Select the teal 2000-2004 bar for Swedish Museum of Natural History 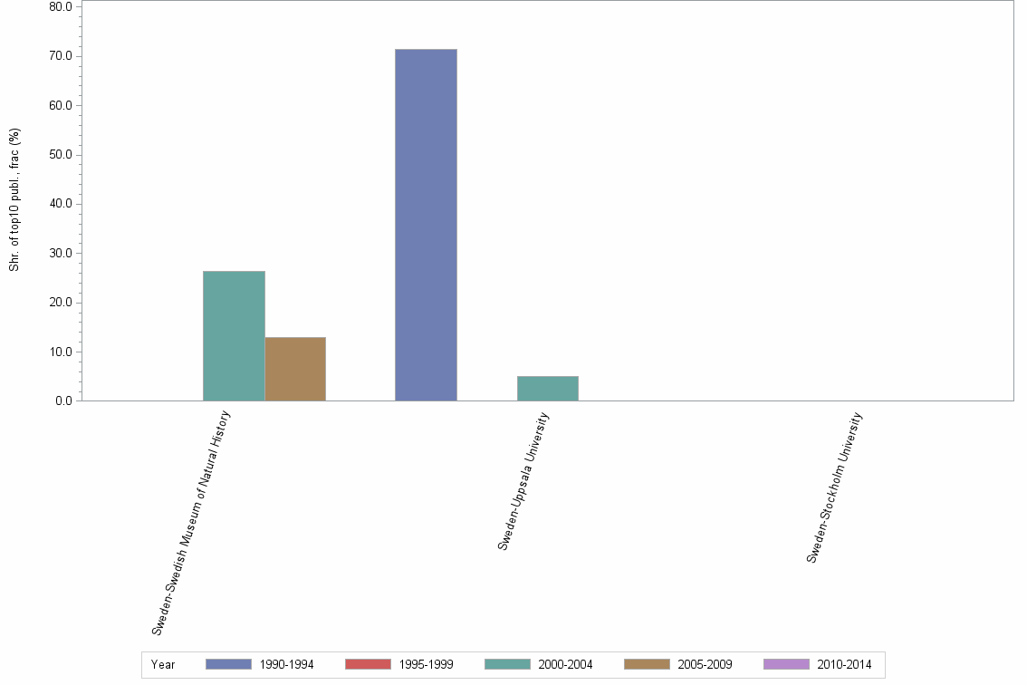pyautogui.click(x=234, y=335)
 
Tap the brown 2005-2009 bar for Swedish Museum pyautogui.click(x=295, y=369)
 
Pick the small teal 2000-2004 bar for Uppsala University pyautogui.click(x=547, y=388)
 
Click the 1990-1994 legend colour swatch pyautogui.click(x=228, y=664)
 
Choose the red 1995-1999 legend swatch pyautogui.click(x=368, y=664)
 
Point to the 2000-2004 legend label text pyautogui.click(x=565, y=665)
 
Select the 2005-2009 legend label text pyautogui.click(x=705, y=665)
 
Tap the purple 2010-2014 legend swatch pyautogui.click(x=786, y=664)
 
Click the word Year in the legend pyautogui.click(x=163, y=665)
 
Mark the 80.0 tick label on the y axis pyautogui.click(x=61, y=7)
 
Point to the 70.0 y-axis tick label pyautogui.click(x=61, y=56)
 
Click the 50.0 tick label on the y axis pyautogui.click(x=61, y=155)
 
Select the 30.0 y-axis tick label pyautogui.click(x=61, y=254)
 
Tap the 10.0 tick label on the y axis pyautogui.click(x=61, y=352)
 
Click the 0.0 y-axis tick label pyautogui.click(x=63, y=400)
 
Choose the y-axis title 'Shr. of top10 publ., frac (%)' pyautogui.click(x=14, y=199)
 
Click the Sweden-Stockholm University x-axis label pyautogui.click(x=835, y=487)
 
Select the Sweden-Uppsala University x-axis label pyautogui.click(x=523, y=481)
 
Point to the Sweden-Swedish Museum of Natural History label pyautogui.click(x=192, y=523)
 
